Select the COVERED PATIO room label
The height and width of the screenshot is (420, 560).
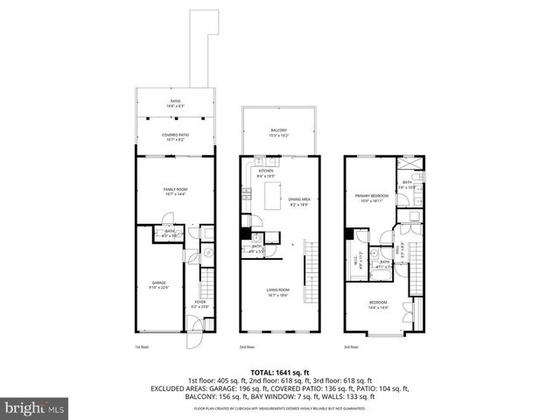coord(176,136)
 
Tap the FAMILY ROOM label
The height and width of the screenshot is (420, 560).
coord(176,191)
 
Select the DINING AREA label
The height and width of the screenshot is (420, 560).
coord(299,200)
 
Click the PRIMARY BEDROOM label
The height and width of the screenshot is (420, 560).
coord(372,197)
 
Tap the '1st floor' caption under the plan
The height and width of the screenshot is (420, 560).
coord(143,346)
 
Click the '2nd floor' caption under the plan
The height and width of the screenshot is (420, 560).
coord(248,346)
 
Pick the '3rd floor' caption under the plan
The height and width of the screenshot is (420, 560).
coord(352,346)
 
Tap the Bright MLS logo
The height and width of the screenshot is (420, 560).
coord(30,408)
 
